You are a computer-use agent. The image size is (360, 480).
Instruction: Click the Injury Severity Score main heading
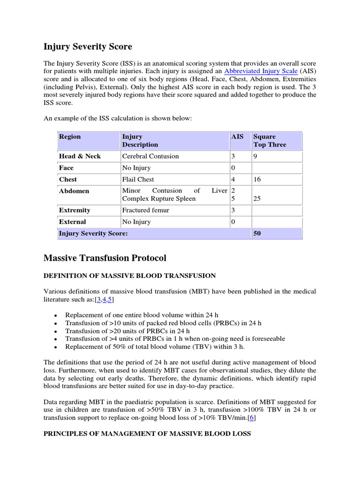[x=88, y=46]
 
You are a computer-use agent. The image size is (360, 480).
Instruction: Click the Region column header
[x=70, y=137]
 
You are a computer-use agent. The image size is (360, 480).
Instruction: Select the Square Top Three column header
[x=270, y=141]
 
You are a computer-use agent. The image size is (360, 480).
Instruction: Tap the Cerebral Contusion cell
[x=150, y=156]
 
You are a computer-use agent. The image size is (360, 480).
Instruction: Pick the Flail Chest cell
[x=138, y=179]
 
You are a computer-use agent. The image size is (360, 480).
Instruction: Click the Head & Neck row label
[x=80, y=156]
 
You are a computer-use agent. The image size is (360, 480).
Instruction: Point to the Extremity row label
[x=75, y=210]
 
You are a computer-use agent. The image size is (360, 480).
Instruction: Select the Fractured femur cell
[x=145, y=210]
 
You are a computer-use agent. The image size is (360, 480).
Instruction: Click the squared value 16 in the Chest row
[x=257, y=179]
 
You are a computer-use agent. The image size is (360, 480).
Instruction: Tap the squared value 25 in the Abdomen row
[x=257, y=199]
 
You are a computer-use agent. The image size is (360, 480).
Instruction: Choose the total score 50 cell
[x=257, y=233]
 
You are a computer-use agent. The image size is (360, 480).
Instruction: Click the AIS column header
[x=238, y=137]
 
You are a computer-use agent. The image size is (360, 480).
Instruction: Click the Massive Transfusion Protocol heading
[x=105, y=258]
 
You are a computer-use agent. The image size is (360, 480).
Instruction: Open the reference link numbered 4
[x=104, y=300]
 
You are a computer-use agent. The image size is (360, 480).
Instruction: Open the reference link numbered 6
[x=251, y=419]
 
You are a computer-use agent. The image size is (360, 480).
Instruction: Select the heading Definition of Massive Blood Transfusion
[x=129, y=276]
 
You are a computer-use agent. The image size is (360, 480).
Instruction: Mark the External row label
[x=72, y=222]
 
